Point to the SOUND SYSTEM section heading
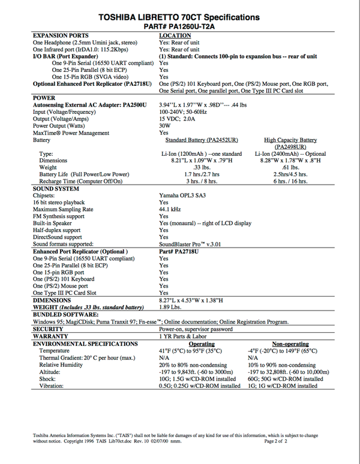56,189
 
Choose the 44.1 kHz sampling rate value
170,210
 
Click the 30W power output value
165,126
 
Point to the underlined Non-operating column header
290,345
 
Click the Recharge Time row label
80,181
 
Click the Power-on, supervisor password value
196,330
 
